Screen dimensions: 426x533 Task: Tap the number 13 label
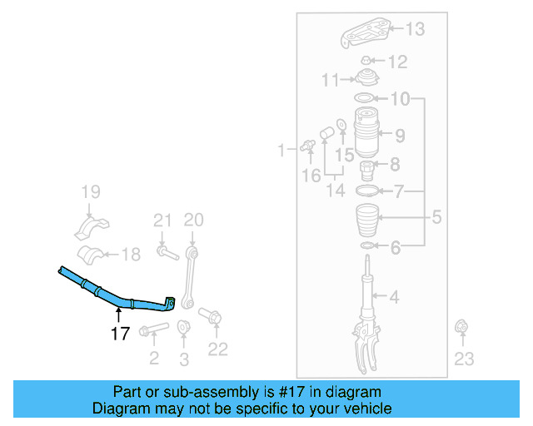[x=414, y=30]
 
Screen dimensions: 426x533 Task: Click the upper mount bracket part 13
[x=367, y=35]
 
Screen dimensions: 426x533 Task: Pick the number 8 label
[x=395, y=164]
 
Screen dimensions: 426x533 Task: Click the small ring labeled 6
[x=366, y=247]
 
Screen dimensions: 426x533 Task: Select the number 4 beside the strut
[x=395, y=296]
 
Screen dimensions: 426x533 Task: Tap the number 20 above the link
[x=193, y=220]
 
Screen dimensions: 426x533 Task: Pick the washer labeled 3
[x=183, y=326]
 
